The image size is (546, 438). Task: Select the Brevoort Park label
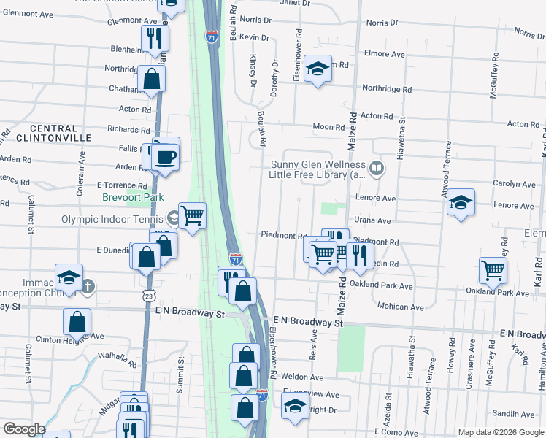pyautogui.click(x=133, y=197)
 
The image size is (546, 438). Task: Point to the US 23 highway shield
pyautogui.click(x=148, y=296)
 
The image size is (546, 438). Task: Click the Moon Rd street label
pyautogui.click(x=328, y=127)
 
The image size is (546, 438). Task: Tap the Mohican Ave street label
pyautogui.click(x=401, y=307)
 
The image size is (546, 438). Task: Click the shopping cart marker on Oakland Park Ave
pyautogui.click(x=493, y=270)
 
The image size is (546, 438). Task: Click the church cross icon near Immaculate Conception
pyautogui.click(x=87, y=285)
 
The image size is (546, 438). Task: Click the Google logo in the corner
pyautogui.click(x=24, y=429)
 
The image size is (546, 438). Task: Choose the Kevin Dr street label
pyautogui.click(x=254, y=37)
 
